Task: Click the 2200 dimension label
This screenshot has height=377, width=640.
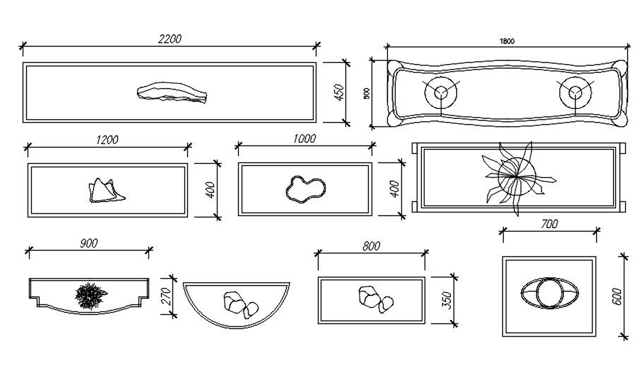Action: tap(170, 40)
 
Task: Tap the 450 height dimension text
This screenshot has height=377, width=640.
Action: tap(338, 92)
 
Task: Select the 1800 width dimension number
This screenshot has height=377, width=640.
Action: tap(506, 40)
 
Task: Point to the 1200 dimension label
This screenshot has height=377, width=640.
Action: tap(107, 140)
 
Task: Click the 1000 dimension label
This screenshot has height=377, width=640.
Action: tap(304, 139)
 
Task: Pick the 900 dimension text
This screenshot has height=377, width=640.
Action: tap(88, 244)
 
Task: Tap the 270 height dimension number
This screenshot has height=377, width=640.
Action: tap(167, 295)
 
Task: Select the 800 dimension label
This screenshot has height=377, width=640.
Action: tap(371, 246)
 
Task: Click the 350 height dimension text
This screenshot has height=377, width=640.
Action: tap(446, 299)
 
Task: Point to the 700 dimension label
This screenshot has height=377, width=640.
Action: tap(550, 224)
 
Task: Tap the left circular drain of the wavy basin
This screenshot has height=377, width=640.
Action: tap(442, 92)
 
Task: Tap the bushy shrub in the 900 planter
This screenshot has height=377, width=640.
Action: tap(90, 294)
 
